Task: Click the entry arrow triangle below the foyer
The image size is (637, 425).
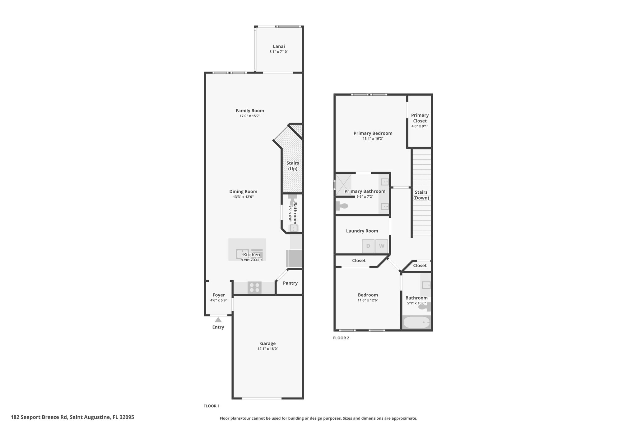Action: tap(218, 320)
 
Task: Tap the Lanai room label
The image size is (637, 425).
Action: tap(279, 46)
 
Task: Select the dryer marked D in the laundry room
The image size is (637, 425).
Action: tap(368, 246)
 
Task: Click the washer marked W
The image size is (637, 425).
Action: tap(382, 246)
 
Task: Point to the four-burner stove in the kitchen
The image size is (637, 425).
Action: tap(254, 287)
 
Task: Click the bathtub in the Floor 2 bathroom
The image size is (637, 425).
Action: tap(417, 322)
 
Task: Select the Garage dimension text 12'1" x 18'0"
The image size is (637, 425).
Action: tap(268, 349)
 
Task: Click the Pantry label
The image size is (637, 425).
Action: tap(290, 283)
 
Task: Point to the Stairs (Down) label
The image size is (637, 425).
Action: tap(421, 195)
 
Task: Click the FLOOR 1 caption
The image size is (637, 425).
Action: tap(212, 406)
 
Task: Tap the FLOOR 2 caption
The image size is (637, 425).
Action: tap(341, 338)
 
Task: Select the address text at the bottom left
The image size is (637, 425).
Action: tap(72, 417)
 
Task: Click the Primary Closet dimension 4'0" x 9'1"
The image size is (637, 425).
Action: tap(420, 126)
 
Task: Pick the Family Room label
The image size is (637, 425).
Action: tap(250, 111)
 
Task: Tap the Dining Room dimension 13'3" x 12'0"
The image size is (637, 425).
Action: tap(243, 197)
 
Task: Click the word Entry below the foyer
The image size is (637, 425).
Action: tap(218, 327)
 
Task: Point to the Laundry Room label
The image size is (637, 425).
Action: tap(362, 231)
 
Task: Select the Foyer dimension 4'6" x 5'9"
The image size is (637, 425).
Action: tap(219, 300)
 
